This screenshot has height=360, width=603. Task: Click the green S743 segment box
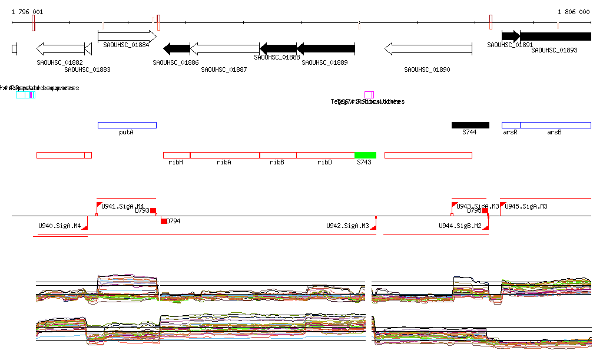tap(365, 155)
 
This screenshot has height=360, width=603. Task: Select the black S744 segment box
tap(470, 125)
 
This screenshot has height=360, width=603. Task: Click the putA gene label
tap(126, 133)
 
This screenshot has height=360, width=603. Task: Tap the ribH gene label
tap(175, 163)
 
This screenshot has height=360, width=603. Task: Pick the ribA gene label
tap(224, 163)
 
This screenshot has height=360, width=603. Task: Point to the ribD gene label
tap(324, 163)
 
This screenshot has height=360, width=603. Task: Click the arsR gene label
tap(510, 133)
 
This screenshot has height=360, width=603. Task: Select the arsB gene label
tap(554, 133)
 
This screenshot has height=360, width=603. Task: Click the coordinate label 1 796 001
tap(27, 12)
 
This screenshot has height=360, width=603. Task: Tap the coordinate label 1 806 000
tap(574, 12)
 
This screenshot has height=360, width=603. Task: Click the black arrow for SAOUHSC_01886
tap(177, 48)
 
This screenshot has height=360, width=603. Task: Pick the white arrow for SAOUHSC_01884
tap(127, 36)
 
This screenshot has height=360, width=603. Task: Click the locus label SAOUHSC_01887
tap(224, 70)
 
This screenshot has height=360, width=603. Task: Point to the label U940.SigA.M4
tap(59, 226)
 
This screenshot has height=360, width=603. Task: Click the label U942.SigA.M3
tap(347, 226)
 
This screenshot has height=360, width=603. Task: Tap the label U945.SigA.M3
tap(526, 206)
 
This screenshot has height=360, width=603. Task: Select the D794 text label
tap(174, 222)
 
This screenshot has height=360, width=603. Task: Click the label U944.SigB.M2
tap(460, 226)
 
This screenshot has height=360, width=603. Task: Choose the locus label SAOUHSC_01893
tap(554, 50)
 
